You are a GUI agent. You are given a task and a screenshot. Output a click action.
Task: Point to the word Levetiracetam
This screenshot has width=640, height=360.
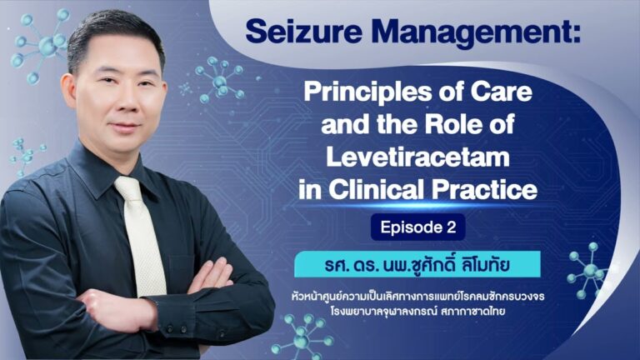[x=417, y=157]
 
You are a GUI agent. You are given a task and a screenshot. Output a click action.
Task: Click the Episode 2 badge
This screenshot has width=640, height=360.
[x=418, y=227]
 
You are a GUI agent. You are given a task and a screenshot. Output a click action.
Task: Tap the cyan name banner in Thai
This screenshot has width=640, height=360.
[x=417, y=264]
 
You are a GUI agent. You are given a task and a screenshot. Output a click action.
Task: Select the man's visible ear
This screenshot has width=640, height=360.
[x=69, y=91]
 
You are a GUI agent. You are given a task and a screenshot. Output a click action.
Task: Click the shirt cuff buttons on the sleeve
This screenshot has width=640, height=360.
[x=177, y=327]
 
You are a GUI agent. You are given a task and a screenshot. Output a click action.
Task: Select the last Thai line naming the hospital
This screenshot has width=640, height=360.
[x=418, y=312]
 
